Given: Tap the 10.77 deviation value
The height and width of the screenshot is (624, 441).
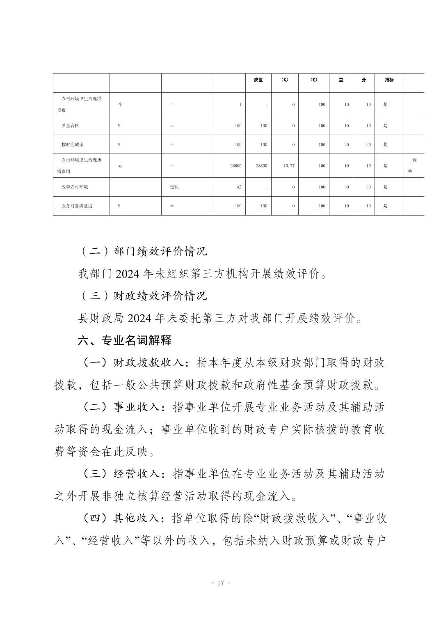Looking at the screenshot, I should click(289, 166).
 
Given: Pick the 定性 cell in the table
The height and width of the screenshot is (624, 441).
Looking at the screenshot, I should click(174, 187).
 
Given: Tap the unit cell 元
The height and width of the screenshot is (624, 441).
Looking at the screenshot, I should click(120, 166).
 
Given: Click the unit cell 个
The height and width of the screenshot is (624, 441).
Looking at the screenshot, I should click(120, 104).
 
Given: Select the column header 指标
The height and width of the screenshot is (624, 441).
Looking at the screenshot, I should click(389, 80).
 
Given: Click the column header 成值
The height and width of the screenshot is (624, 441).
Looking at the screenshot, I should click(258, 80).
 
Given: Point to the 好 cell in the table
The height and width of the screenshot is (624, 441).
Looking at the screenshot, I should click(239, 187).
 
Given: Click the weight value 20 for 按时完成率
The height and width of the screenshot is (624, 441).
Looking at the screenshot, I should click(347, 145).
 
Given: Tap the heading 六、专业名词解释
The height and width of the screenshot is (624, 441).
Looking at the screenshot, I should click(125, 340).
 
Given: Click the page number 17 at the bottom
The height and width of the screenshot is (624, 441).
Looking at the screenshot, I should click(220, 583).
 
